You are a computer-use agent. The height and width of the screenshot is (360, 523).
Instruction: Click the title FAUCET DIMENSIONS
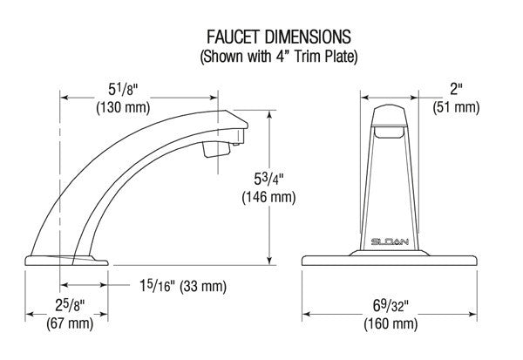pyautogui.click(x=279, y=37)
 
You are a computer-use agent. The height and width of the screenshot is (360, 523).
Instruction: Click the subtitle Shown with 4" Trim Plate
pyautogui.click(x=279, y=56)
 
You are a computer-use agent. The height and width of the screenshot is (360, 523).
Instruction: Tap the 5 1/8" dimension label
pyautogui.click(x=123, y=90)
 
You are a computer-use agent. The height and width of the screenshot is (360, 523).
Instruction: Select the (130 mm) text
pyautogui.click(x=123, y=107)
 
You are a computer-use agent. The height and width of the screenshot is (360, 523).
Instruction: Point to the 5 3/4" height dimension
pyautogui.click(x=268, y=180)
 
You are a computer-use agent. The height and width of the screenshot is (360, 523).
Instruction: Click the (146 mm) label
pyautogui.click(x=268, y=197)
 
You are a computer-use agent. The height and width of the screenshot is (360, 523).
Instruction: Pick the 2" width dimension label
pyautogui.click(x=456, y=89)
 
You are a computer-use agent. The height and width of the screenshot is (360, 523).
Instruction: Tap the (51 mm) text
pyautogui.click(x=456, y=107)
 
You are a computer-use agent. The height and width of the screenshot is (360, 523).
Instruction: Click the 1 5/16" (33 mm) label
pyautogui.click(x=183, y=286)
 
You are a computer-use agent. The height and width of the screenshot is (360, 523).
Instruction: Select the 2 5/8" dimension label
pyautogui.click(x=70, y=305)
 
